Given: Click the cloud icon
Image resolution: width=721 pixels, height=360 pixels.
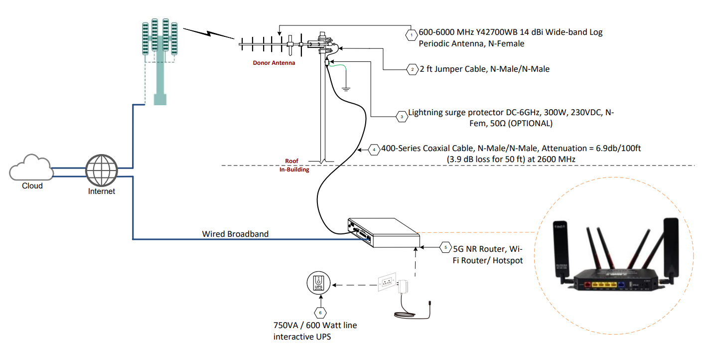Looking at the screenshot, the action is pos(31,168).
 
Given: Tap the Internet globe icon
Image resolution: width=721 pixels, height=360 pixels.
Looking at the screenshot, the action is pos(101,171).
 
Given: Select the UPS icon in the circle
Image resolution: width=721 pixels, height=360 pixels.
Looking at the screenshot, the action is pos(318,283).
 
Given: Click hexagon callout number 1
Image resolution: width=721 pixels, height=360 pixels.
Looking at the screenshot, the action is pos(411,35).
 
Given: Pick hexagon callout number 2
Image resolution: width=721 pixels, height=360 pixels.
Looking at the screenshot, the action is pos(413,69).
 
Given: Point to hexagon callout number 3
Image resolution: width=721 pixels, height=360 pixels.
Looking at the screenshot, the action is pos(402,117).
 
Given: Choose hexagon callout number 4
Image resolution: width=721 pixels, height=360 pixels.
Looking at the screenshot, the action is pos(374,150).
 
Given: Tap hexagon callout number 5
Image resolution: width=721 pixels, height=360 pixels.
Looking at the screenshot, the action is pos(445,248).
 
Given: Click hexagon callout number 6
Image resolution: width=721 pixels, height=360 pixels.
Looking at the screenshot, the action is pos(320,313).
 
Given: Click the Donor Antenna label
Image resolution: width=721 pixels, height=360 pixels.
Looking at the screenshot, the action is pos(274,63).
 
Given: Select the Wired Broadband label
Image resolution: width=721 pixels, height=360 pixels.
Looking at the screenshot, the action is pos(235,234).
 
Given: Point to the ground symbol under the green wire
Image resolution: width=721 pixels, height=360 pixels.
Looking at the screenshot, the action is pos(346,89).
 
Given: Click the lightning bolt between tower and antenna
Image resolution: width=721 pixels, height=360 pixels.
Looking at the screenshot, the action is pos(209,33).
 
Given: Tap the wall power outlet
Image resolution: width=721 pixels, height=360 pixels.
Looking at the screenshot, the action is pos(387,282).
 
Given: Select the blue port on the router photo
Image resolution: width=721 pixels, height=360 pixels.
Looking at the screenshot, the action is pos(621,285).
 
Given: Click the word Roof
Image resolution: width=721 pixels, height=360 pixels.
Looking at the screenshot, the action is pos(291,161).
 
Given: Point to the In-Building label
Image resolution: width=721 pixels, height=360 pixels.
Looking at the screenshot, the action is pos(294,170).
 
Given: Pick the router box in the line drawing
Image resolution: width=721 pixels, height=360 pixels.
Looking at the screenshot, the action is pos(384,233).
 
